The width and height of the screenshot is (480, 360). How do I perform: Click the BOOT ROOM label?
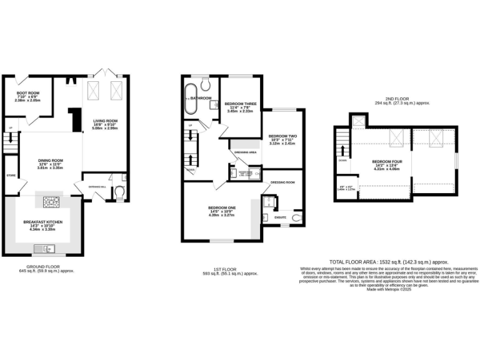coord(27,93)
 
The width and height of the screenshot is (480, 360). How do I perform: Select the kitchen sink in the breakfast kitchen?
coord(46,249)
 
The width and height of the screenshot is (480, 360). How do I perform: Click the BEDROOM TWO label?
coord(282,136)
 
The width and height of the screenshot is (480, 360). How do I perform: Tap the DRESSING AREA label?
coord(244,152)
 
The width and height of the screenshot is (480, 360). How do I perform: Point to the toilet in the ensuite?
coord(296,218)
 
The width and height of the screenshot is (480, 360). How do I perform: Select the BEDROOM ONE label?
coord(222,207)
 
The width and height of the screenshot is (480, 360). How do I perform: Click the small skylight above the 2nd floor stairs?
coord(358,121)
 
